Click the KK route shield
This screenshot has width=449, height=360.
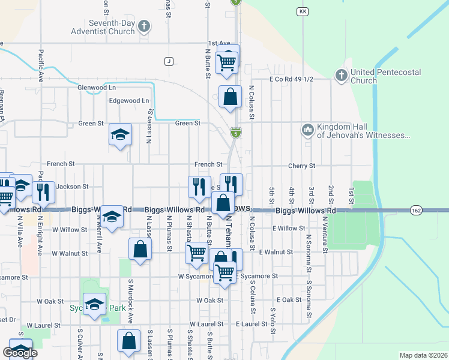click(302, 11)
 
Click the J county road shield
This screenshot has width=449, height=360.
click(169, 61)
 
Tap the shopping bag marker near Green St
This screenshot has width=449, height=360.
click(230, 97)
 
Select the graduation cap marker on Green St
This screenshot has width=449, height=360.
click(120, 134)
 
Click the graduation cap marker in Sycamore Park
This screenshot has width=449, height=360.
click(94, 305)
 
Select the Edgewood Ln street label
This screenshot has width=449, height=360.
click(128, 101)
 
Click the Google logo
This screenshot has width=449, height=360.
click(20, 352)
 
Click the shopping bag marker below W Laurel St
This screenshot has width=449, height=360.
click(129, 341)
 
